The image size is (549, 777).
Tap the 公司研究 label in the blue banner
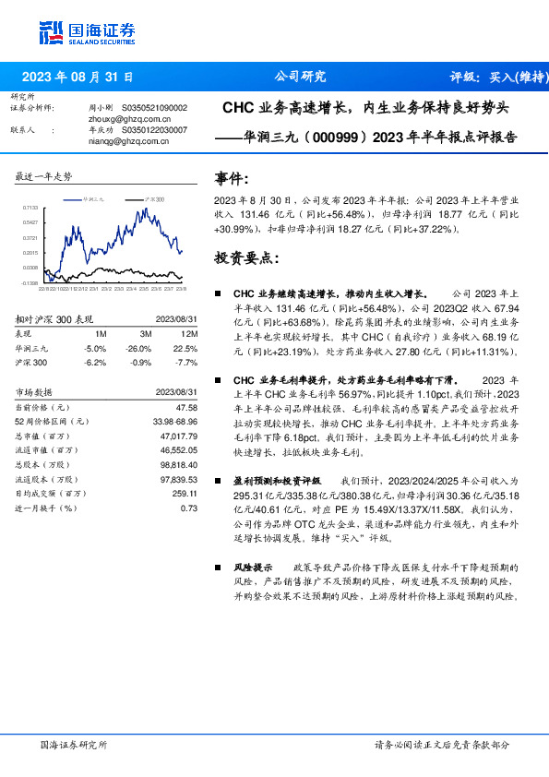(x=301, y=78)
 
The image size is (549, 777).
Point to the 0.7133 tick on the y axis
(x=30, y=209)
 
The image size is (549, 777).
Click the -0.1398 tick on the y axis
(x=30, y=283)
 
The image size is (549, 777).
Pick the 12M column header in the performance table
(x=189, y=334)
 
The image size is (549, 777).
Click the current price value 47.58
(x=185, y=407)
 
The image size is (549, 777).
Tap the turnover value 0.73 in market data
(x=189, y=508)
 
